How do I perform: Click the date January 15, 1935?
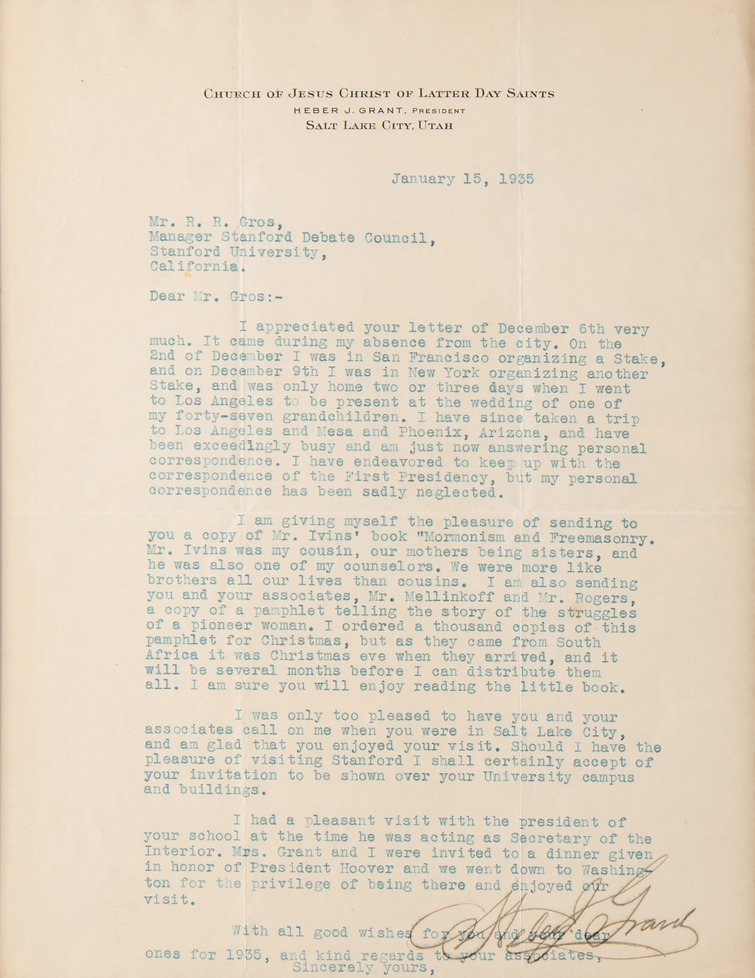click(462, 179)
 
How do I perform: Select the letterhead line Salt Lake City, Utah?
click(379, 126)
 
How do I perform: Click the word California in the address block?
click(195, 267)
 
